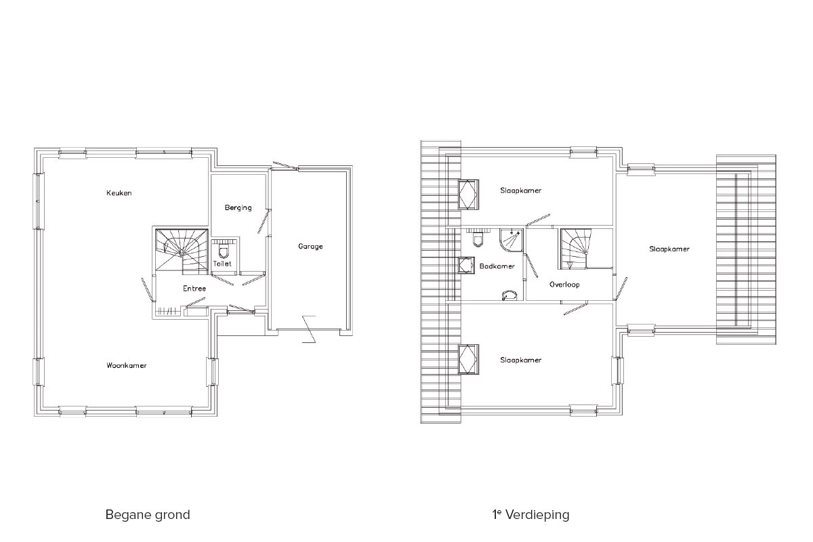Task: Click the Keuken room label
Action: (x=119, y=193)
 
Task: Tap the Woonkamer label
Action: (x=126, y=366)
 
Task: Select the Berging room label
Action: (x=238, y=208)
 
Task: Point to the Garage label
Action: (x=310, y=247)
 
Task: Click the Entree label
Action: (x=194, y=289)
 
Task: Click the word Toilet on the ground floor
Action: (x=222, y=264)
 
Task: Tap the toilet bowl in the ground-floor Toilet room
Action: (x=223, y=251)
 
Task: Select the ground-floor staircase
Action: (x=182, y=250)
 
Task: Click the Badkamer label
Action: (x=497, y=266)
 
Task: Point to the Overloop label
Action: (x=564, y=285)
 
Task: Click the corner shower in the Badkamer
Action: (x=512, y=241)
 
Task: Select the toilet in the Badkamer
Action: (x=478, y=239)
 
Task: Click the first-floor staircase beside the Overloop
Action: (x=575, y=249)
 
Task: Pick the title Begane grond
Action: (x=148, y=515)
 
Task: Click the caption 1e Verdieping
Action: (x=531, y=515)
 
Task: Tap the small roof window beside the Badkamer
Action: (x=466, y=266)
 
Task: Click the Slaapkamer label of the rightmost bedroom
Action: (x=669, y=249)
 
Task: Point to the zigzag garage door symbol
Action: (x=309, y=329)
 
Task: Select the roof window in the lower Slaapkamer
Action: (x=468, y=359)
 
